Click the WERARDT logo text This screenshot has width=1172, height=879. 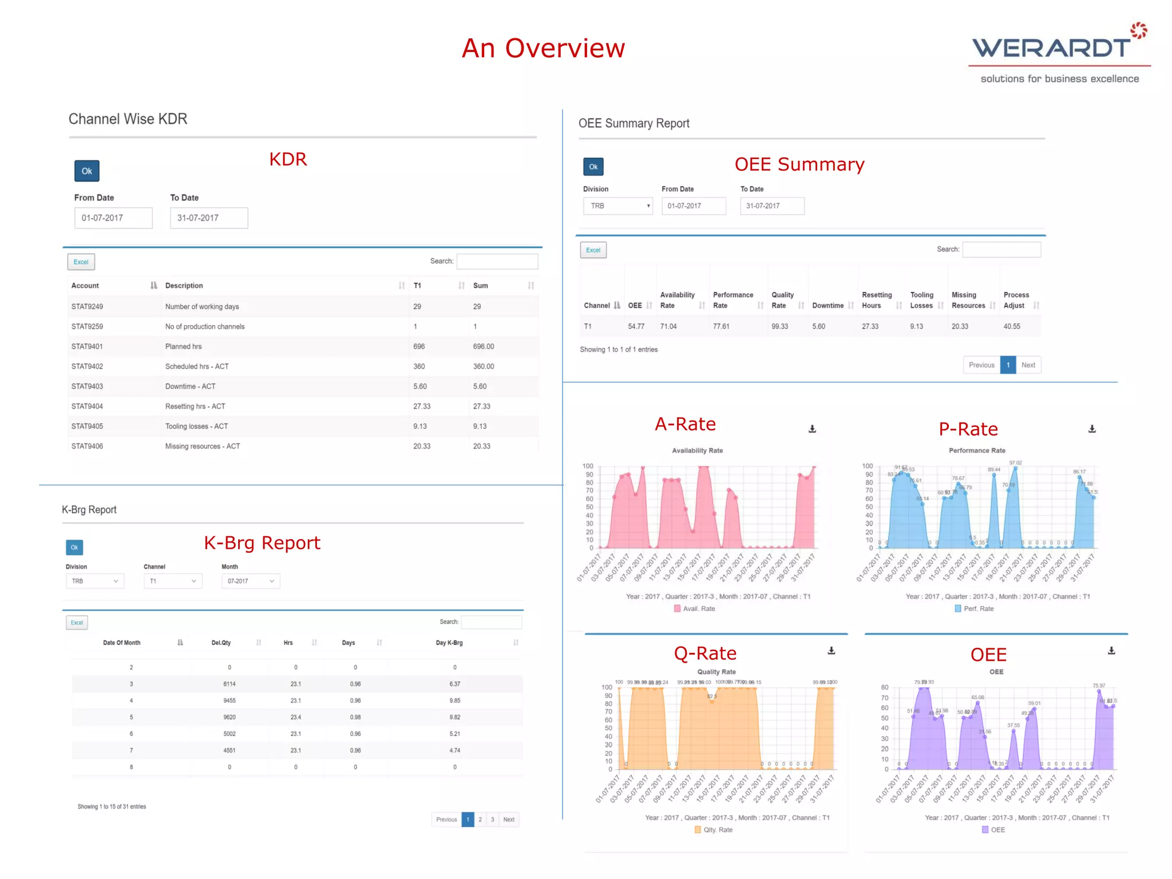(x=1051, y=48)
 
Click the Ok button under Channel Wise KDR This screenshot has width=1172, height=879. (x=87, y=171)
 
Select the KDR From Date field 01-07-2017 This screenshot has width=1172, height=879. (x=113, y=218)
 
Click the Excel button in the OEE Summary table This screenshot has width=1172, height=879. (x=593, y=250)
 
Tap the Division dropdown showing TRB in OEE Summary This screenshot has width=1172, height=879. (x=618, y=206)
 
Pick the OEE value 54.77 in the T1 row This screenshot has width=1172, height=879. (x=636, y=327)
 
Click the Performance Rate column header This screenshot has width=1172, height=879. (x=732, y=300)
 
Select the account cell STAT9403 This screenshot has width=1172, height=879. (x=87, y=386)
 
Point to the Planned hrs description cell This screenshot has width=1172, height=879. (x=183, y=347)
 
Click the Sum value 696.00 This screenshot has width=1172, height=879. (x=484, y=347)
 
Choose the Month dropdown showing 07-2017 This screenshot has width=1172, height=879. (x=250, y=581)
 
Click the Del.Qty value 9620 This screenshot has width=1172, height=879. (x=229, y=717)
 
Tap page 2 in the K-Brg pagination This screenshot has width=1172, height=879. (x=480, y=819)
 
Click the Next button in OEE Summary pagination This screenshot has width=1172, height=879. (x=1028, y=365)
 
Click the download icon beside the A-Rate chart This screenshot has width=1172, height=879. (x=812, y=429)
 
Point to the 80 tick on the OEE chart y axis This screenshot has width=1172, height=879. (x=885, y=687)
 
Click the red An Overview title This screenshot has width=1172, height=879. (x=543, y=48)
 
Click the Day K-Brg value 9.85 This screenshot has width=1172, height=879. (x=455, y=700)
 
